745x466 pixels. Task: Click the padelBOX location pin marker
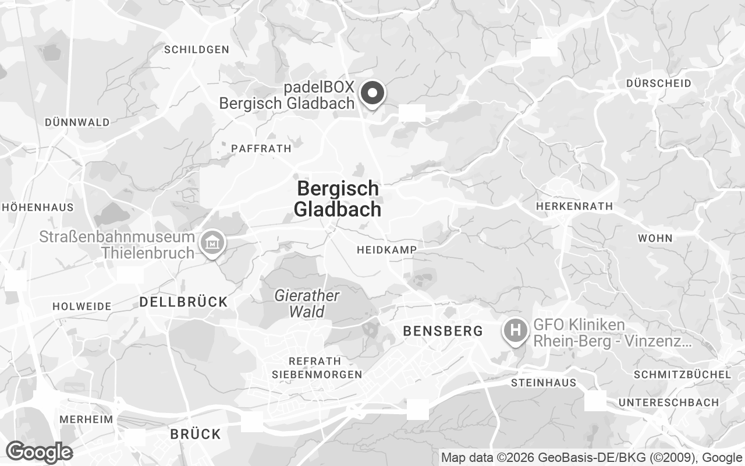(372, 93)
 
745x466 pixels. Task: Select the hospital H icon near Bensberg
(515, 330)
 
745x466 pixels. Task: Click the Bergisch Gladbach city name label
(338, 199)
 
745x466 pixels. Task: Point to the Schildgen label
(197, 50)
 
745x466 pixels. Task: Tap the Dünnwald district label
(77, 122)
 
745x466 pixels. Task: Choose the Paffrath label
(261, 149)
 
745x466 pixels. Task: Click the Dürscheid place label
(659, 83)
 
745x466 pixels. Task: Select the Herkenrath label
(574, 206)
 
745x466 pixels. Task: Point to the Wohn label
(655, 238)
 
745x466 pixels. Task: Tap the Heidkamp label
(386, 250)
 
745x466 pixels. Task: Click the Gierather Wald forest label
(307, 303)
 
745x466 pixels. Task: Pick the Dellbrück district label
(183, 302)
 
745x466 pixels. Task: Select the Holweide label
(82, 306)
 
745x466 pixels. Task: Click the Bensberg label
(443, 331)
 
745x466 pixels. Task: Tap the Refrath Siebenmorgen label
(317, 368)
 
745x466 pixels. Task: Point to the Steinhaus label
(544, 383)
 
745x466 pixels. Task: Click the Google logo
(39, 452)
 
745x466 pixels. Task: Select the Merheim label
(86, 419)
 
